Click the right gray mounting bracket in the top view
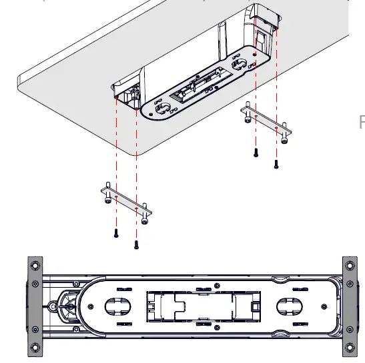coord(350,306)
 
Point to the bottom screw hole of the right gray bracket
coord(350,348)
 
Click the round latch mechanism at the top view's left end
coord(67,306)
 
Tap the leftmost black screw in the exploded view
coord(115,234)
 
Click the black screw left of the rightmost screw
coord(256,153)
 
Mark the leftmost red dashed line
coord(115,167)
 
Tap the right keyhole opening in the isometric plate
coord(239,65)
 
